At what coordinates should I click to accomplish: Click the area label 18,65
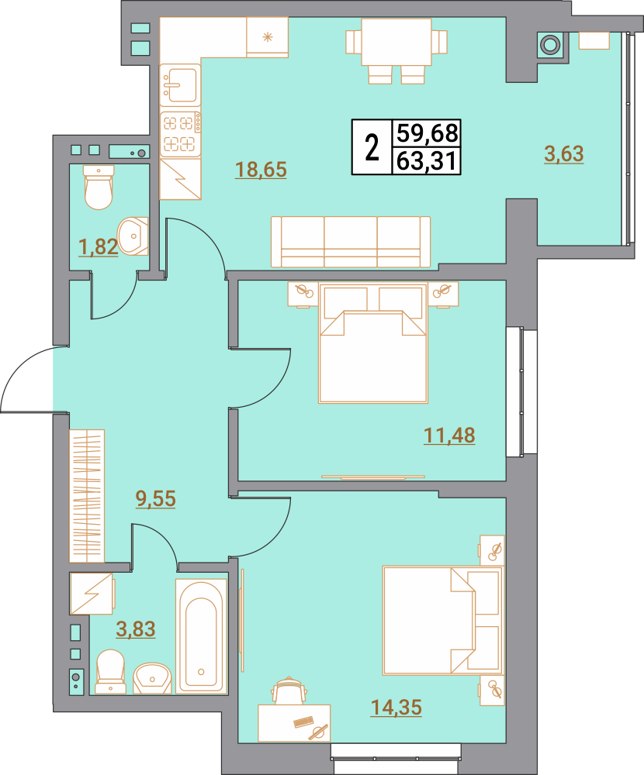pyautogui.click(x=261, y=170)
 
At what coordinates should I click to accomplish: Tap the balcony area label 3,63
pyautogui.click(x=564, y=153)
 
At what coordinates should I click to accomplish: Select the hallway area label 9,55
pyautogui.click(x=156, y=498)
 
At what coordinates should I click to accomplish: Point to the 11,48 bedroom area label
pyautogui.click(x=449, y=436)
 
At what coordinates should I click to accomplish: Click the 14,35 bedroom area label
pyautogui.click(x=396, y=708)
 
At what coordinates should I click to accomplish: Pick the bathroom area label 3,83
pyautogui.click(x=136, y=629)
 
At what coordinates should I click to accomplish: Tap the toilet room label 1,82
pyautogui.click(x=99, y=246)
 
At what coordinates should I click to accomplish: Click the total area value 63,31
pyautogui.click(x=426, y=161)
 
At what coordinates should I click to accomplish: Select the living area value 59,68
pyautogui.click(x=426, y=133)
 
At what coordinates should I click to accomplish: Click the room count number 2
pyautogui.click(x=372, y=147)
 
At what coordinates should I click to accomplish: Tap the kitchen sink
pyautogui.click(x=180, y=84)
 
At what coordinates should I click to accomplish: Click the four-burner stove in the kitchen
pyautogui.click(x=180, y=133)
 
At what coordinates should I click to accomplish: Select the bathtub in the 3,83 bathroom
pyautogui.click(x=201, y=636)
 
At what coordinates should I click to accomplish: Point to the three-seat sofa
pyautogui.click(x=351, y=242)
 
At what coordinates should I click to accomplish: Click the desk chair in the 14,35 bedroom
pyautogui.click(x=289, y=691)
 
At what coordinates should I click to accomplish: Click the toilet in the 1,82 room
pyautogui.click(x=99, y=188)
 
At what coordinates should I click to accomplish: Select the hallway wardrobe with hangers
pyautogui.click(x=87, y=496)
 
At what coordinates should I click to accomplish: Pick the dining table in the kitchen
pyautogui.click(x=396, y=42)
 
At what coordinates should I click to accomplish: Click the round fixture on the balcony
pyautogui.click(x=549, y=45)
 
